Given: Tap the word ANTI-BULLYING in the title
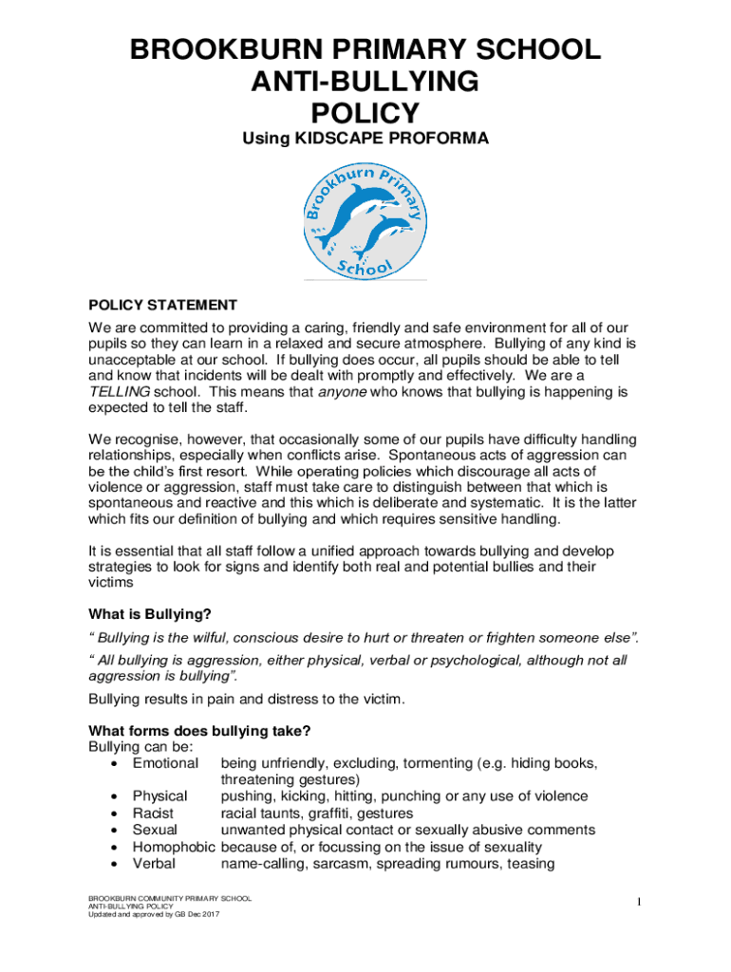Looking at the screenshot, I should (365, 83).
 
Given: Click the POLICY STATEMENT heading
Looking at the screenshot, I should (162, 305).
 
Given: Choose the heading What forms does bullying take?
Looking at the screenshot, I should (199, 731).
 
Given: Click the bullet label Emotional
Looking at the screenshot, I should (165, 763).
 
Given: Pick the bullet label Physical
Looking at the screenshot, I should (159, 796).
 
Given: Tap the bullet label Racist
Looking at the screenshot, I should (155, 813).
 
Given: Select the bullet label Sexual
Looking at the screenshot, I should (156, 830).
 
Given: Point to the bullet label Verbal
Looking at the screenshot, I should (154, 863).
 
